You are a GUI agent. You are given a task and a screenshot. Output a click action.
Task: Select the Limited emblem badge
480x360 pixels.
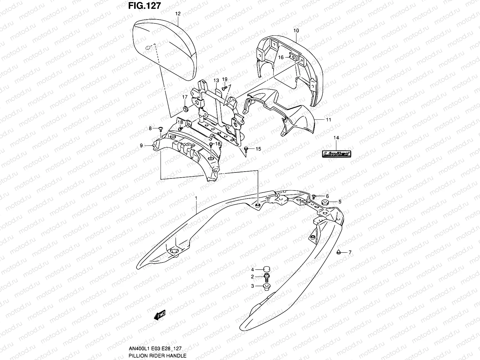[336, 154]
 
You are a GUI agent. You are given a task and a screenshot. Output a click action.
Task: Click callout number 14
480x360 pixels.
[336, 138]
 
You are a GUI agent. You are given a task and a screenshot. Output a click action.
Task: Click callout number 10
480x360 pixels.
[296, 31]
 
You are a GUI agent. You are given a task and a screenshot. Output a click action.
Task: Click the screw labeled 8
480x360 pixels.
[160, 129]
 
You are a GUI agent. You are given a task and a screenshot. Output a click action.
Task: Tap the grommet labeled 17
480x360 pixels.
[185, 108]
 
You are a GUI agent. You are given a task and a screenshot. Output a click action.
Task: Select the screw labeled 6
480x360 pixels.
[314, 196]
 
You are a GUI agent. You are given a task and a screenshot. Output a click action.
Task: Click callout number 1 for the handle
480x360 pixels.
[196, 198]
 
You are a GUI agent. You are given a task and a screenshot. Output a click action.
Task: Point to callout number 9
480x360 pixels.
[141, 146]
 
